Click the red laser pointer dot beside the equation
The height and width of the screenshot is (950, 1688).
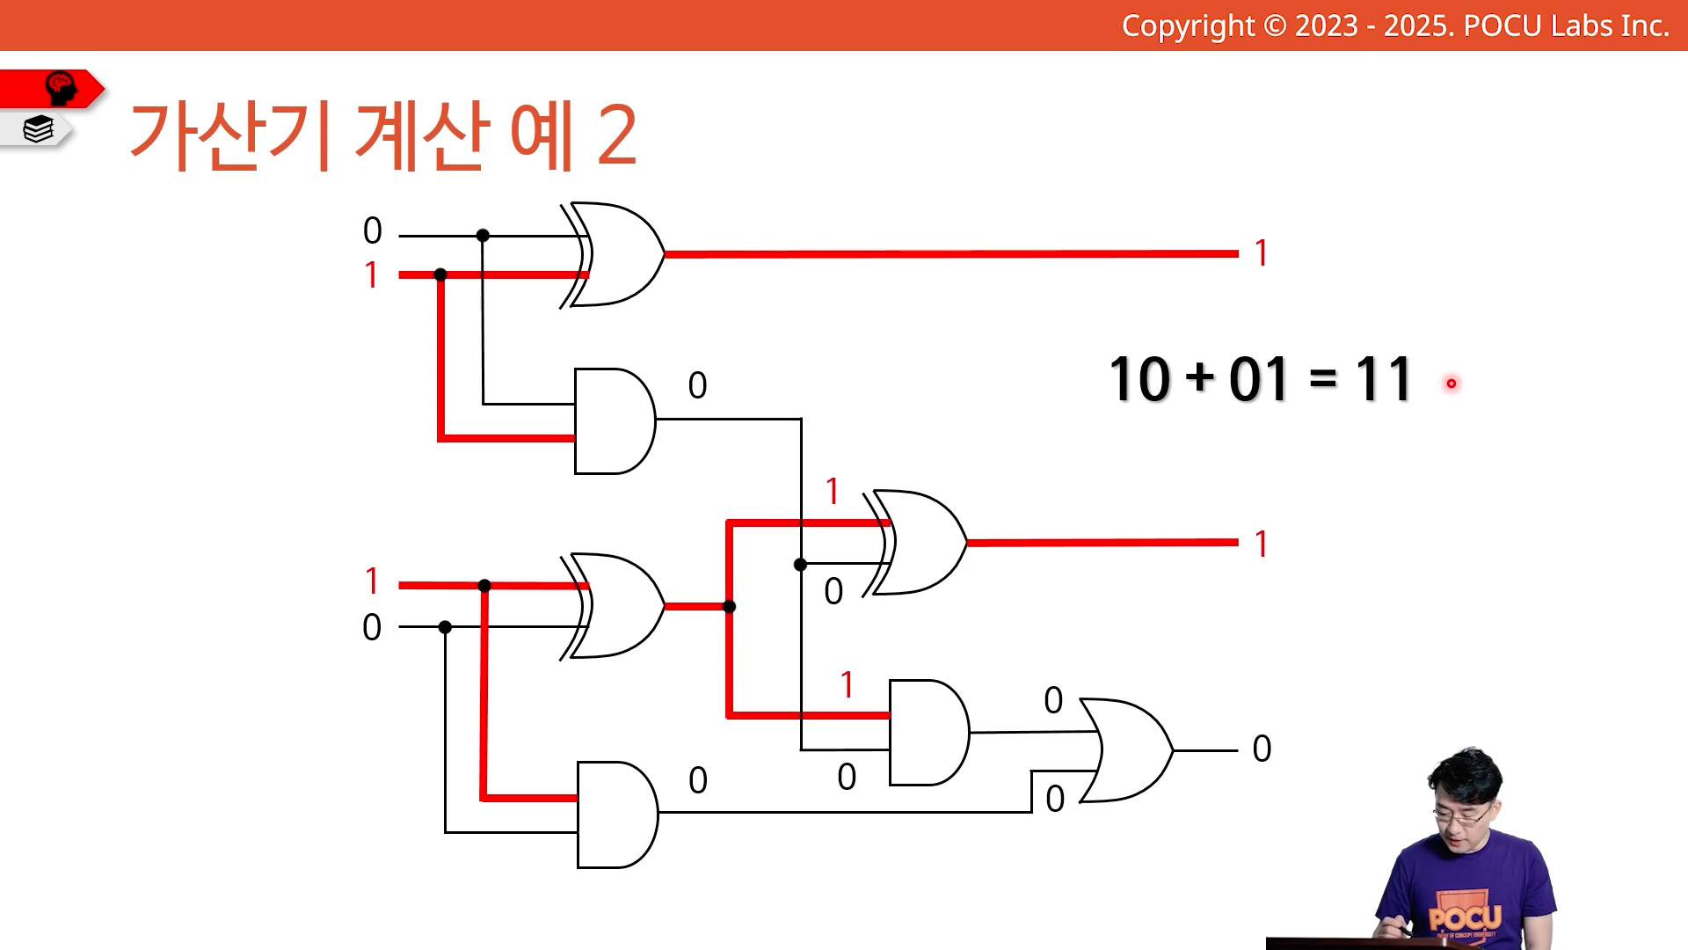point(1451,384)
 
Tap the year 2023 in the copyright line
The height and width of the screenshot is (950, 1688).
point(1326,26)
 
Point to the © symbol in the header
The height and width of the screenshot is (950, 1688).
point(1275,26)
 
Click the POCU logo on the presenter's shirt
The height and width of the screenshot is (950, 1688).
point(1465,917)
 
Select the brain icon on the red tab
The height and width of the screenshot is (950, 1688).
point(61,88)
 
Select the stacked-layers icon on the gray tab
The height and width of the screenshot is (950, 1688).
point(39,129)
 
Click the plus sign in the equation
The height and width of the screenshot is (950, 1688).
point(1199,378)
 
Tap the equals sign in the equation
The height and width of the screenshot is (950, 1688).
point(1322,379)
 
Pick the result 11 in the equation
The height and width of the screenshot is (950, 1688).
point(1383,379)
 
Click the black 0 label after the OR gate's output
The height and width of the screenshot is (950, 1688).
point(1262,749)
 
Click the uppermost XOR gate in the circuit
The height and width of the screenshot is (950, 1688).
point(613,255)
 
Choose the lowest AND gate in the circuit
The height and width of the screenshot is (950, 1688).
point(617,815)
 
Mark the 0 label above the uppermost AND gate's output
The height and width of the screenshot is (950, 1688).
point(697,385)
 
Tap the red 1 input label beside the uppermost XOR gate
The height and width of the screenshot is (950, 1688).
point(371,274)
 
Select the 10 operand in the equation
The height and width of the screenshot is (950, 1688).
point(1139,379)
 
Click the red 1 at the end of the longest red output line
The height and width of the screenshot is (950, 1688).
point(1262,253)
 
